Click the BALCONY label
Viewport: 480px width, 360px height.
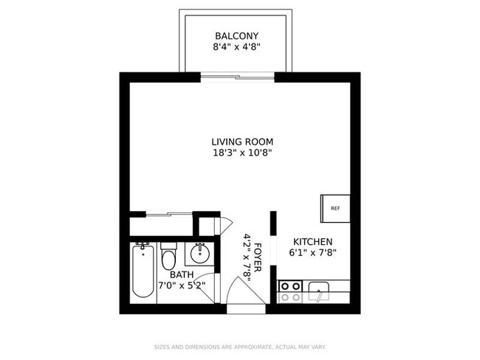[236, 36]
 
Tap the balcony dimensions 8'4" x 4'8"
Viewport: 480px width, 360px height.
[236, 47]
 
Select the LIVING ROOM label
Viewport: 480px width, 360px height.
[242, 142]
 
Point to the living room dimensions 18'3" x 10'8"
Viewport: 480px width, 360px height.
[242, 153]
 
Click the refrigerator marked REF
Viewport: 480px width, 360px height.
[335, 208]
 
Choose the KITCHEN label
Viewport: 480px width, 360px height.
[312, 242]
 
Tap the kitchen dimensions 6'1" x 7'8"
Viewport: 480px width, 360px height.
[312, 253]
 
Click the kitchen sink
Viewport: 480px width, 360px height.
[319, 291]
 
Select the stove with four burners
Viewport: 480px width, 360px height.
[290, 291]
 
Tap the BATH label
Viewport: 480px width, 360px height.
[182, 274]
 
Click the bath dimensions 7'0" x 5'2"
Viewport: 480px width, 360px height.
[182, 285]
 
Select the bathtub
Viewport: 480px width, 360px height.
[143, 271]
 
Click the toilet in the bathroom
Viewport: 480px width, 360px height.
[168, 258]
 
